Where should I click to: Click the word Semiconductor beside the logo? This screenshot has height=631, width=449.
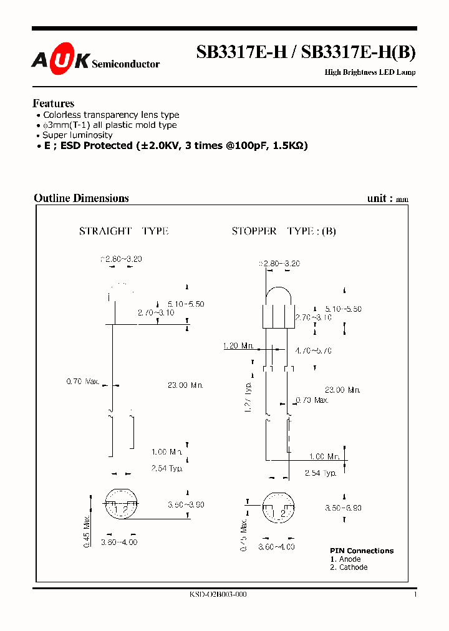click(x=125, y=64)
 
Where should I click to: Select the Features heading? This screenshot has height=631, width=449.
click(x=54, y=104)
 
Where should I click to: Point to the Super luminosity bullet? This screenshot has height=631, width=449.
click(x=77, y=135)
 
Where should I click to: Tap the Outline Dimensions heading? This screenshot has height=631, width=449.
click(x=81, y=198)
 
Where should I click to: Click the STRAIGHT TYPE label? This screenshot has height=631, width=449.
click(x=123, y=231)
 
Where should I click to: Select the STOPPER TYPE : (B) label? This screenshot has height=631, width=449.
click(x=284, y=231)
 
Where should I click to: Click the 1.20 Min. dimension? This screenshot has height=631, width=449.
click(x=238, y=345)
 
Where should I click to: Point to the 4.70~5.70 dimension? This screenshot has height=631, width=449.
click(x=313, y=350)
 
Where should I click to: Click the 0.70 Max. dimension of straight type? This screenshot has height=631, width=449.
click(x=83, y=380)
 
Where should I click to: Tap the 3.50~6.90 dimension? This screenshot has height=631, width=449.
click(x=343, y=508)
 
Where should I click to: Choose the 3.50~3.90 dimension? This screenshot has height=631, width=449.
click(x=186, y=504)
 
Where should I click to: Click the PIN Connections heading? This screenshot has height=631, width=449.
click(x=362, y=551)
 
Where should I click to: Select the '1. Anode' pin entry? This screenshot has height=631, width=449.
click(x=345, y=559)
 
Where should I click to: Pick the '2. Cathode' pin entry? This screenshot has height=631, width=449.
click(x=349, y=567)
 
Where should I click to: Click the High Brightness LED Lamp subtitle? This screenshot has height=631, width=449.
click(x=370, y=72)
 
